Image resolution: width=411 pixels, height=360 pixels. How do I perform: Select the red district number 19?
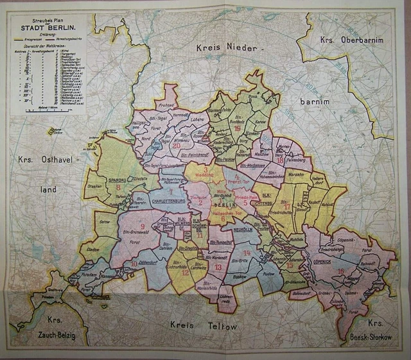[238, 128]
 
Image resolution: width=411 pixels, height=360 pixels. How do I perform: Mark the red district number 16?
[340, 271]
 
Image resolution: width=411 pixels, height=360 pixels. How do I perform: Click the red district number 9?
[142, 227]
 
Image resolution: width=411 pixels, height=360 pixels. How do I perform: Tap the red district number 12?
[185, 272]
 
